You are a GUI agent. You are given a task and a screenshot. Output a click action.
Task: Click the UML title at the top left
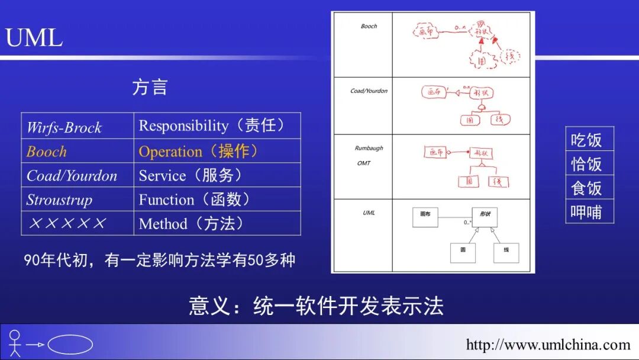34,38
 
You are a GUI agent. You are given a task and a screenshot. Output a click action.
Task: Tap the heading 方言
150,88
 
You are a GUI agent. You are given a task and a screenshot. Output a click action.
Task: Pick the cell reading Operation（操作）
199,152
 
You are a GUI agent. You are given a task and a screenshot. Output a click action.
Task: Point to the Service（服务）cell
191,176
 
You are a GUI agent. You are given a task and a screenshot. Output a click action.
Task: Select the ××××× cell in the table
67,224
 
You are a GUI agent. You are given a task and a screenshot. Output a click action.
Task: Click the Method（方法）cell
191,224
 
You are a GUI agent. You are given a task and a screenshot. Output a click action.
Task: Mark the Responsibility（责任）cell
212,126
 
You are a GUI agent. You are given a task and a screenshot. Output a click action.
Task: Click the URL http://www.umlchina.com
548,345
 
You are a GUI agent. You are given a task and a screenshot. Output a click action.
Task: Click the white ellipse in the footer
70,345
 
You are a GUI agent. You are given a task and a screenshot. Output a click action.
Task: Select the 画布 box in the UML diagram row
425,218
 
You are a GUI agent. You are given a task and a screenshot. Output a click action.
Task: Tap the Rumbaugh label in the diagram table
369,148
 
